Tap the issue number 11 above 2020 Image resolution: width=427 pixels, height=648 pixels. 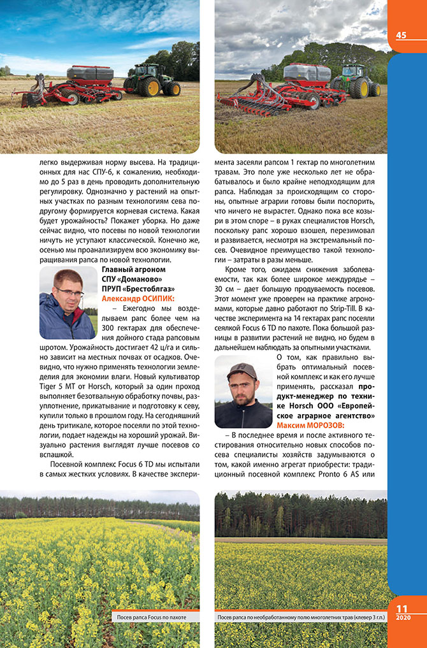[x=402, y=608]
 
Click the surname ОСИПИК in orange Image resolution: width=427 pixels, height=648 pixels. [x=154, y=298]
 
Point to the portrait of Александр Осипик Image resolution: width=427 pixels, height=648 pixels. [x=67, y=303]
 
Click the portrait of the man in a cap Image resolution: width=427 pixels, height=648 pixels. [x=243, y=391]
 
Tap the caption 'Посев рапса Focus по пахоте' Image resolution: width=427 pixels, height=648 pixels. [x=154, y=617]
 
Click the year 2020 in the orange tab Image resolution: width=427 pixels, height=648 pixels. [x=402, y=617]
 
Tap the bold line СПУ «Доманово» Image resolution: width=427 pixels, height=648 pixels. [x=133, y=280]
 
